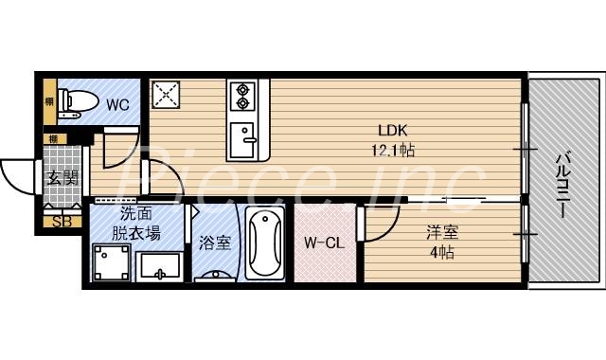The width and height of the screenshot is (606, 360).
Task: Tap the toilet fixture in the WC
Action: point(73,99)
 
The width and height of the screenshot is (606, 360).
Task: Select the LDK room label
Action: point(393,132)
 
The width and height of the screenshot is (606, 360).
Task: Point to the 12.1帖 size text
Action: point(394,150)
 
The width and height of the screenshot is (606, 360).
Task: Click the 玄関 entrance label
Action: point(63,177)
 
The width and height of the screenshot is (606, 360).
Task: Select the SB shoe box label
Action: point(62,223)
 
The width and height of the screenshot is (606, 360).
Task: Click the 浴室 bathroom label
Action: point(214,243)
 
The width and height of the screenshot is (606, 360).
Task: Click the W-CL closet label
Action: point(323,243)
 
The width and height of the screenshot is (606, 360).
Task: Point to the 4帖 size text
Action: point(441,252)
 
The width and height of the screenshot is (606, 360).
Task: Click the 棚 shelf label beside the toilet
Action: point(48,99)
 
